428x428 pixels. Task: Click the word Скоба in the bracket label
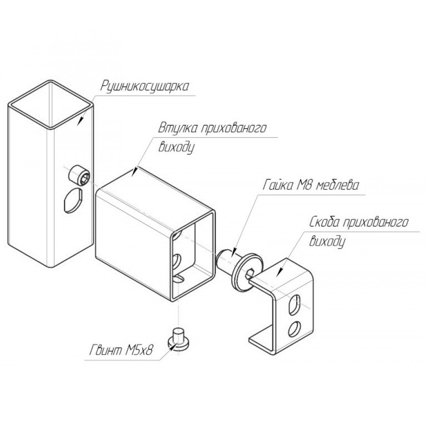click(325, 223)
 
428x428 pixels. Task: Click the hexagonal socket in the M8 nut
click(250, 273)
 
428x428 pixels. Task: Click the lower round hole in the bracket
click(294, 329)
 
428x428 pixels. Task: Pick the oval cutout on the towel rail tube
click(73, 200)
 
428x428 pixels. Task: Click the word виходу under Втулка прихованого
click(177, 148)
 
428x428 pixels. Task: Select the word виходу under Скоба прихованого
click(327, 241)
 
